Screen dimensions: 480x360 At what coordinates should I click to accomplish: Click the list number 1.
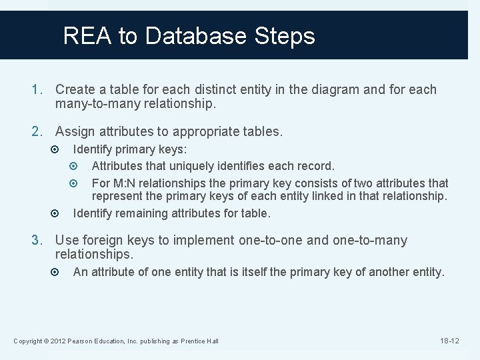point(39,89)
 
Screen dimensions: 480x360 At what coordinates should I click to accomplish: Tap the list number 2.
point(39,132)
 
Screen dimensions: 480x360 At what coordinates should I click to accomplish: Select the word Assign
point(75,132)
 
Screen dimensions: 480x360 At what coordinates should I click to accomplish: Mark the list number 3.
point(39,240)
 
